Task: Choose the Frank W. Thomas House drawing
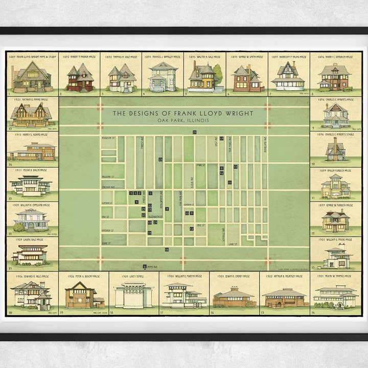tap(335, 296)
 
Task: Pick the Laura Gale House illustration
tap(30, 254)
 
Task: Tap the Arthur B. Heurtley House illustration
tap(284, 297)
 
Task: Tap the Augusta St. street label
tap(107, 139)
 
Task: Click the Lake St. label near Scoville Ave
tap(233, 244)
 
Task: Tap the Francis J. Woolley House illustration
tap(163, 78)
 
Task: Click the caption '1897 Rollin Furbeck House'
tap(336, 170)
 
